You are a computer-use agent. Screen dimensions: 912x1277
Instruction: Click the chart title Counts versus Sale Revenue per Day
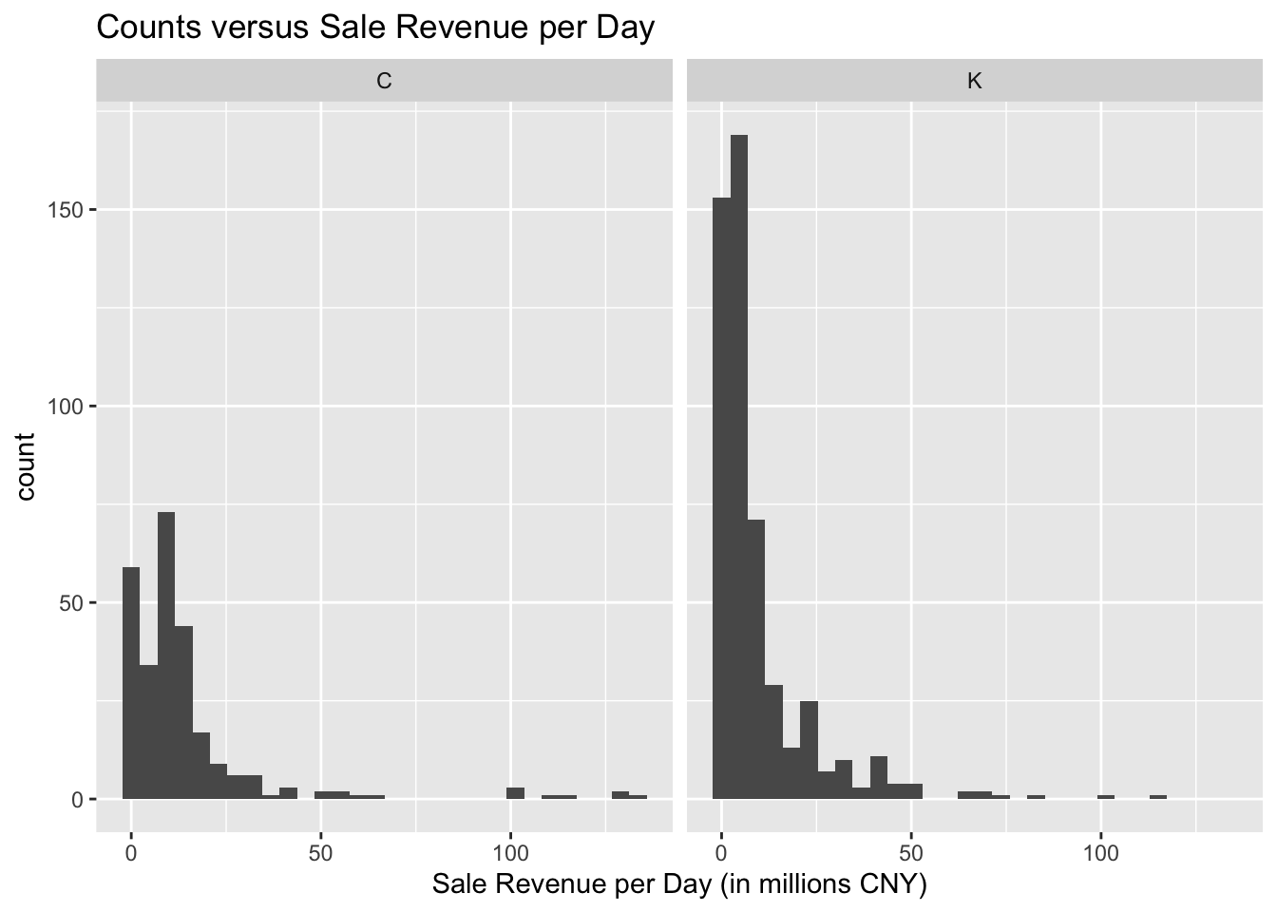(x=375, y=28)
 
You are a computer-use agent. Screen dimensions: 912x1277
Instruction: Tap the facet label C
(x=384, y=81)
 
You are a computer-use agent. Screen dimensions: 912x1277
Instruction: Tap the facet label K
(x=974, y=81)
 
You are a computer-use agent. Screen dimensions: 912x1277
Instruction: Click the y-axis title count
(x=26, y=465)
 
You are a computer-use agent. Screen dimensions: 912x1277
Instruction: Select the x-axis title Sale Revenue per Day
(x=678, y=884)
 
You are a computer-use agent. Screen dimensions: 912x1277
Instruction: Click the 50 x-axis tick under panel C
(x=321, y=852)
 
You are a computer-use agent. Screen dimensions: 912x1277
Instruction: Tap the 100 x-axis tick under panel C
(x=510, y=852)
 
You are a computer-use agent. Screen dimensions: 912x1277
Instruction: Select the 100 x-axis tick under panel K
(x=1100, y=852)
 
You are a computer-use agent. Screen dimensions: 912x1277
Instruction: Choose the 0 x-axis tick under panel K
(x=722, y=852)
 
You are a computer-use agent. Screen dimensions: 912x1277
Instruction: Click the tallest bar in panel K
(x=739, y=465)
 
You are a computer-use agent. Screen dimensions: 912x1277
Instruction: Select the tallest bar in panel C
(x=166, y=655)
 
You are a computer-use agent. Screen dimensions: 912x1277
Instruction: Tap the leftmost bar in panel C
(x=131, y=684)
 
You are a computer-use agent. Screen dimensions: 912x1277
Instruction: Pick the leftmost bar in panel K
(x=722, y=499)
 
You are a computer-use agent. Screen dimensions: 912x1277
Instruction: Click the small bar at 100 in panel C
(x=515, y=793)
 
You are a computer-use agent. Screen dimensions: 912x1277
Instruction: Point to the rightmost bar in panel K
(x=1158, y=797)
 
